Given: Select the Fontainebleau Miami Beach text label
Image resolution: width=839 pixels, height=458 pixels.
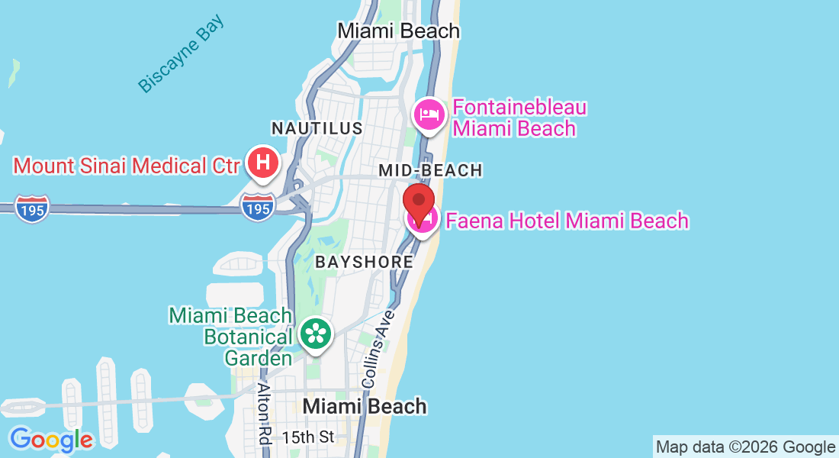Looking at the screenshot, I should coord(519,118).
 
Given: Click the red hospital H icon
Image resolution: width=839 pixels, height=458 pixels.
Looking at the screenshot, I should coord(263,163).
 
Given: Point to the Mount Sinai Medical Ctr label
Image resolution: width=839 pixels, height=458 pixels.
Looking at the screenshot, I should coord(127,165).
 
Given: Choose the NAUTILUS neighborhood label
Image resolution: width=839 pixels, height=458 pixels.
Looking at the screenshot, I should coord(317,128).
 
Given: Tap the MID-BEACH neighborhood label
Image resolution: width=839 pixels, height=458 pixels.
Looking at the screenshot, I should coord(431,170).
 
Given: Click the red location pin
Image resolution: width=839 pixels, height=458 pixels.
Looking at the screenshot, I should coord(419,200).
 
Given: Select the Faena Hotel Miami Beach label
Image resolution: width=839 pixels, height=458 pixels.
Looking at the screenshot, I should coord(567,221).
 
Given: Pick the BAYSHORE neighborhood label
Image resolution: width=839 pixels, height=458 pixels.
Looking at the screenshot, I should coord(365,262).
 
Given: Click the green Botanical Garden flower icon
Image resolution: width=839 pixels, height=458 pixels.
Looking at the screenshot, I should coord(315,334).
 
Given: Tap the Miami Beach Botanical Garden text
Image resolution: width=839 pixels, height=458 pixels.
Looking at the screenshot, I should coord(231,337).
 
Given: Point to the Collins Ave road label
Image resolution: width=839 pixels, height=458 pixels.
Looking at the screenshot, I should coord(378,348).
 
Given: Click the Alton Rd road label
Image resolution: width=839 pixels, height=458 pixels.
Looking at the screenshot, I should coord(265,413).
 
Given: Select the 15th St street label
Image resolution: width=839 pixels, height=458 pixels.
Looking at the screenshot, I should coord(308,437).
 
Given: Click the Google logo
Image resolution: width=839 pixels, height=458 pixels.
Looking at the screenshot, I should coord(51,440).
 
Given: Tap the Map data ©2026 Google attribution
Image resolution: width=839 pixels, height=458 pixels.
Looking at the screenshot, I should coord(745,447).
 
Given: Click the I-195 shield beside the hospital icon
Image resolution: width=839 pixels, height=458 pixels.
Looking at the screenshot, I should coord(258,206).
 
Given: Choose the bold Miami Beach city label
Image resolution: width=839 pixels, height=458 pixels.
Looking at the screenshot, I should coord(365,406).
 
